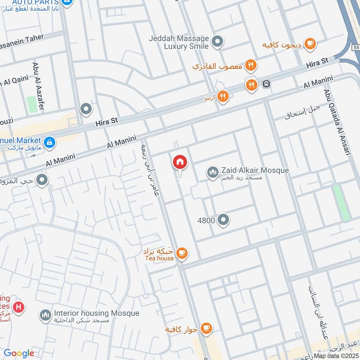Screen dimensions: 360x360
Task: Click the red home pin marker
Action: tap(180, 162)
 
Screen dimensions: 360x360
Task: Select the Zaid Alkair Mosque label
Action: tap(254, 171)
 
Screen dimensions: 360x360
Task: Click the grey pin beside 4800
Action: tap(223, 220)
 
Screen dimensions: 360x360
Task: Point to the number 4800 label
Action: tap(206, 220)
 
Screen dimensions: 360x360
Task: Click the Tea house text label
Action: tap(159, 258)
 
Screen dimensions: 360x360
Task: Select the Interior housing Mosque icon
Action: tap(45, 316)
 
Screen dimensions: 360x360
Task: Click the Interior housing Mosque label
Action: tap(96, 313)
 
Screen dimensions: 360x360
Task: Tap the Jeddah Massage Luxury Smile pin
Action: tap(218, 42)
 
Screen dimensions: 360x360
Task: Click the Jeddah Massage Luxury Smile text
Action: tap(179, 42)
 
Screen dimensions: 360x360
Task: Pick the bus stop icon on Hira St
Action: tap(266, 84)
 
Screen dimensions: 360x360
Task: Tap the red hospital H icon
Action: tap(18, 308)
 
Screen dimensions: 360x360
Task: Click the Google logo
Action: tap(19, 353)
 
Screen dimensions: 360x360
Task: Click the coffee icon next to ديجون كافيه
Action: tap(310, 43)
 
